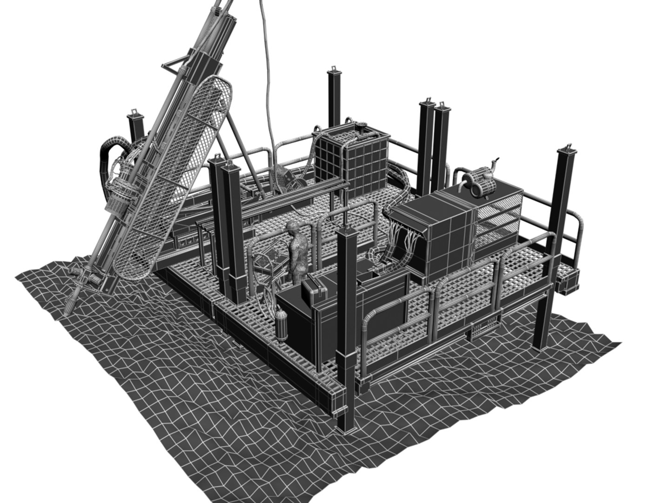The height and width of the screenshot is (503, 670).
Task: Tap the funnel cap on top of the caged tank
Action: click(361, 126)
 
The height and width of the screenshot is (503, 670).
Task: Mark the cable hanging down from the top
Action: click(267, 70)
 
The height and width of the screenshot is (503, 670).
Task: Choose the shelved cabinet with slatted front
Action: click(497, 219)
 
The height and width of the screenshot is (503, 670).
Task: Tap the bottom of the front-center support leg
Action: click(346, 424)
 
